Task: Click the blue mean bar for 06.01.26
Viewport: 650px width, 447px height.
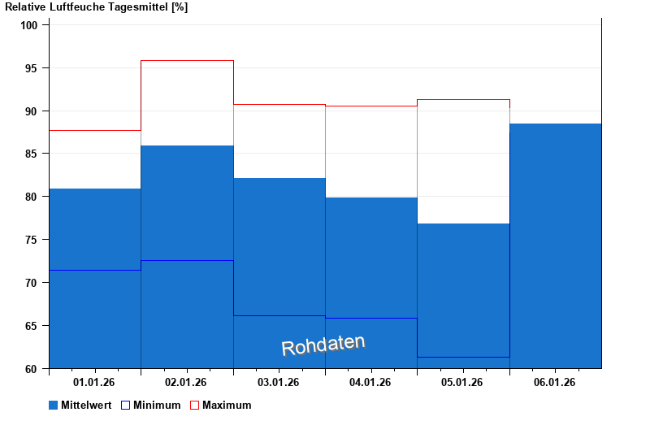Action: pos(556,244)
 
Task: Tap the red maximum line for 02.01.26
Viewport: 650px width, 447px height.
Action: pos(187,61)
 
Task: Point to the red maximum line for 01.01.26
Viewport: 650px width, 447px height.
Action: pos(95,130)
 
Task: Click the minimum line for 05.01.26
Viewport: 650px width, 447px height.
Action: pos(463,357)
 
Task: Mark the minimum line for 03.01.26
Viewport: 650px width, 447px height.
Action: pos(279,315)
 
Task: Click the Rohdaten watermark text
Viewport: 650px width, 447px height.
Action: pos(323,345)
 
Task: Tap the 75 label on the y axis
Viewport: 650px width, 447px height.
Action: pos(33,240)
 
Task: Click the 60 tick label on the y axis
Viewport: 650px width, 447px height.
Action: pos(33,369)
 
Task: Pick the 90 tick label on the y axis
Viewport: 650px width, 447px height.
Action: pos(33,111)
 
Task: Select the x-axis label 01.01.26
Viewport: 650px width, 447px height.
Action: pos(94,382)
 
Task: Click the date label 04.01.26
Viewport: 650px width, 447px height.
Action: pos(370,382)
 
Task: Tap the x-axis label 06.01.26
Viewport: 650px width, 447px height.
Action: pos(555,382)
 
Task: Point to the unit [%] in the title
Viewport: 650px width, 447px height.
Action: pos(180,7)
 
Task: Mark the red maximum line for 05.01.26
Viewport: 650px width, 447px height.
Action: pos(463,100)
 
